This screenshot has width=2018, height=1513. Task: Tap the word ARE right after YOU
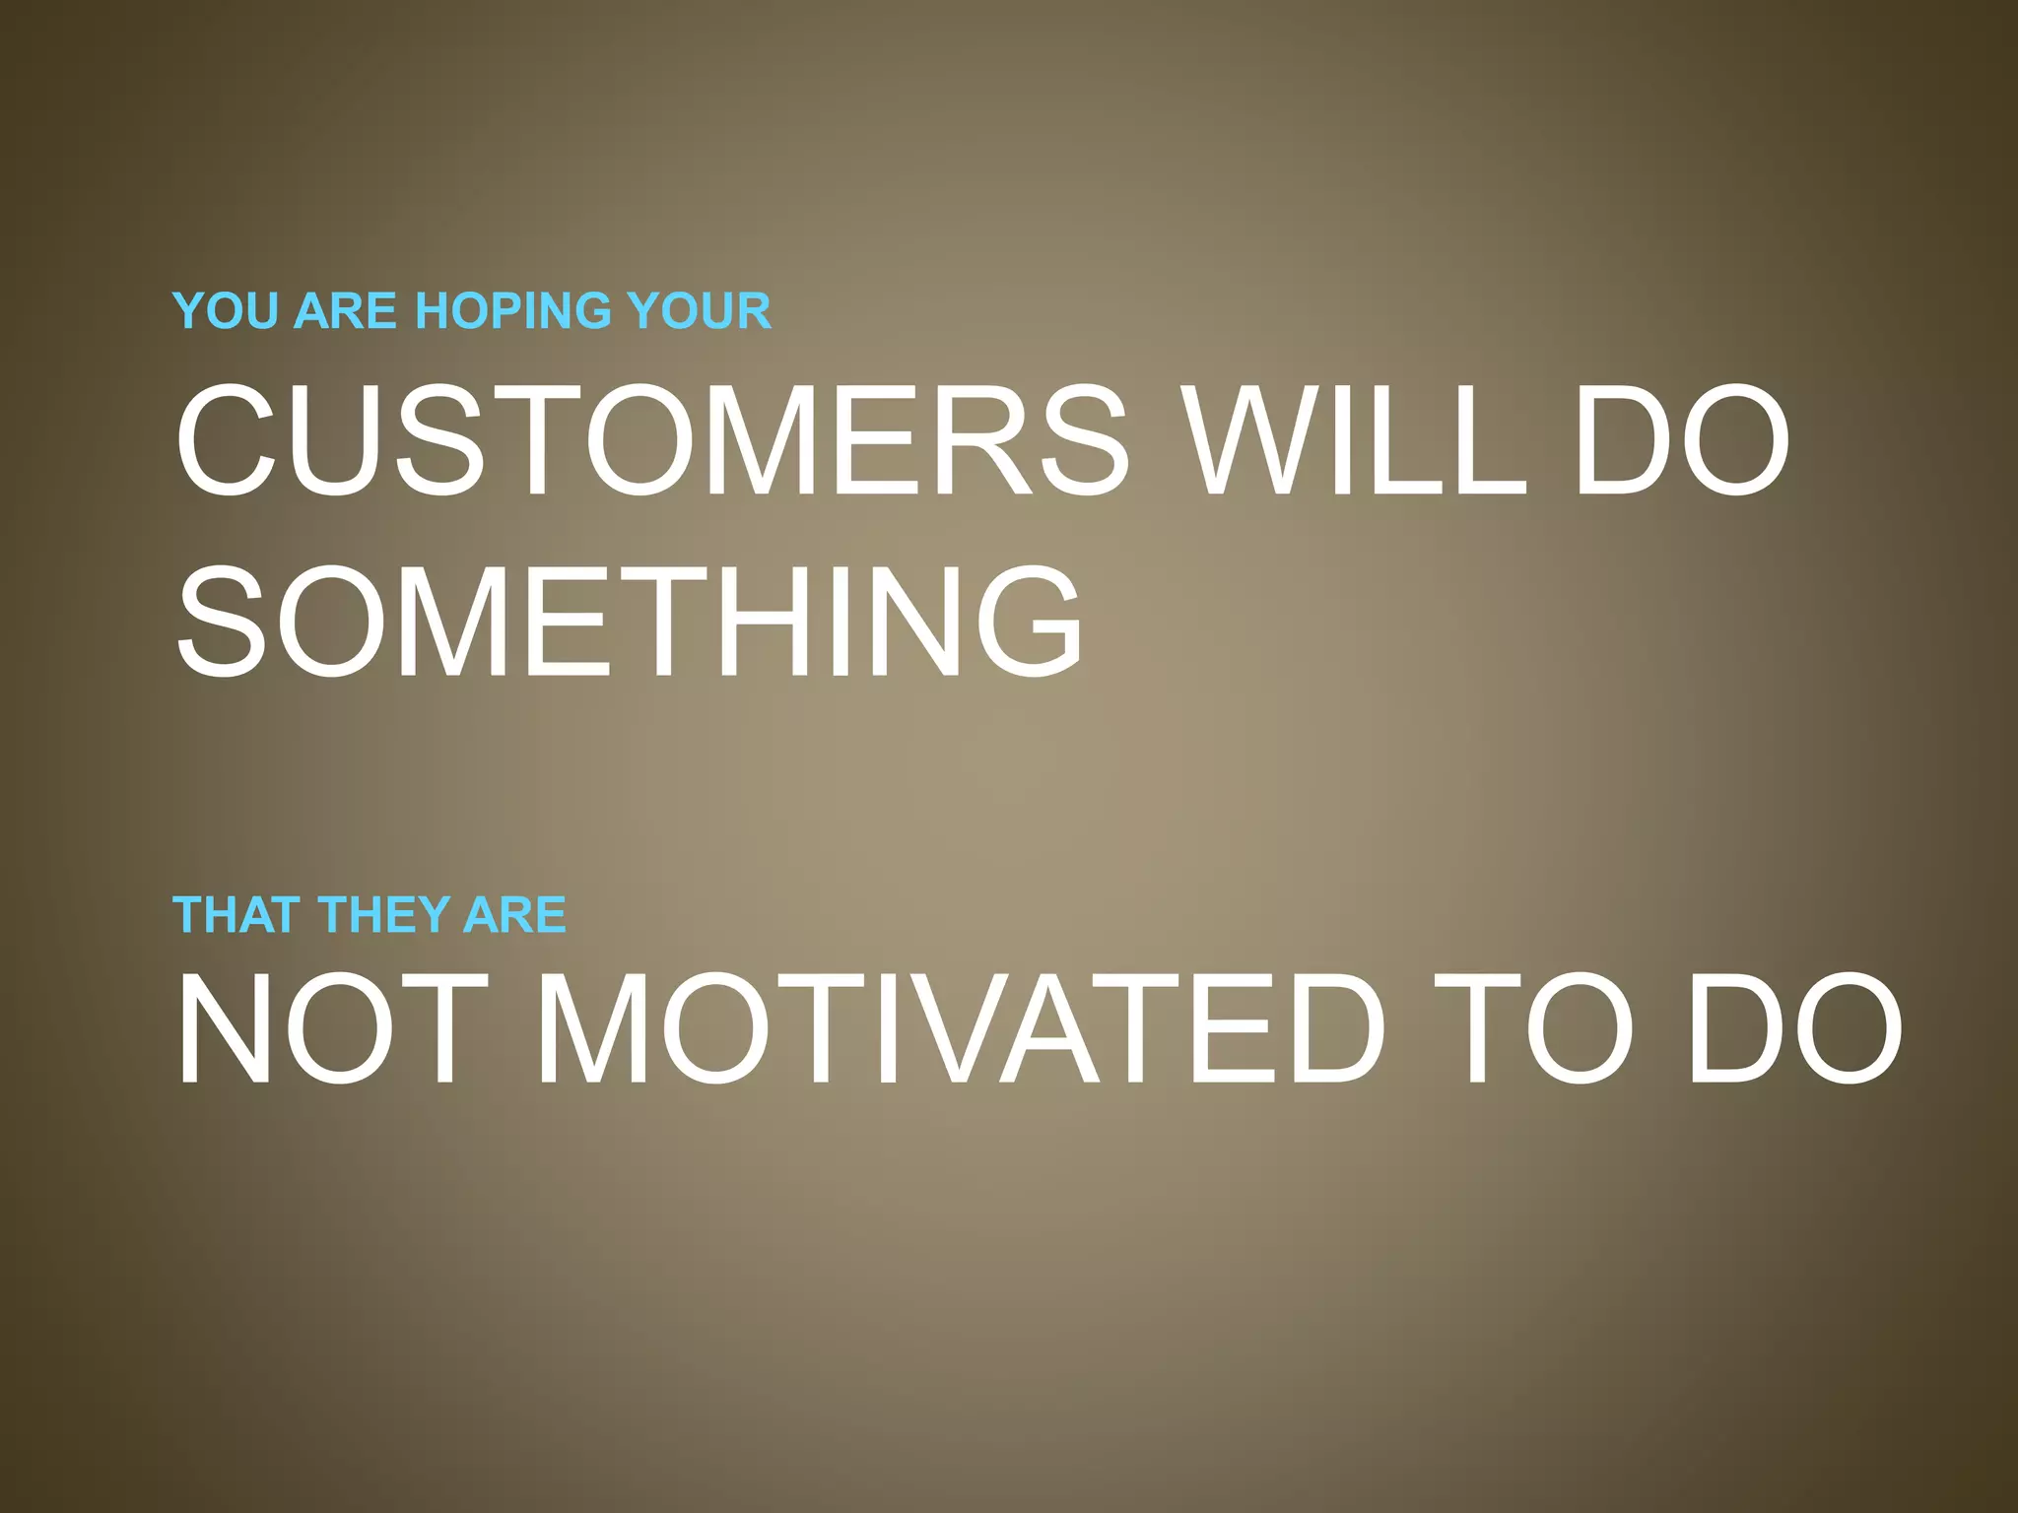tap(345, 311)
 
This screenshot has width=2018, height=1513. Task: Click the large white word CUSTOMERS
tap(651, 440)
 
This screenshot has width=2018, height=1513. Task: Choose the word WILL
tap(1355, 440)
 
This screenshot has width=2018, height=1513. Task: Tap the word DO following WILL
tap(1681, 440)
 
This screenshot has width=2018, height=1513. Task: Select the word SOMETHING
tap(630, 622)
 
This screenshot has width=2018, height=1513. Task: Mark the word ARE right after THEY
tap(514, 915)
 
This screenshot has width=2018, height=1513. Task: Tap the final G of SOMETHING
tap(1024, 622)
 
